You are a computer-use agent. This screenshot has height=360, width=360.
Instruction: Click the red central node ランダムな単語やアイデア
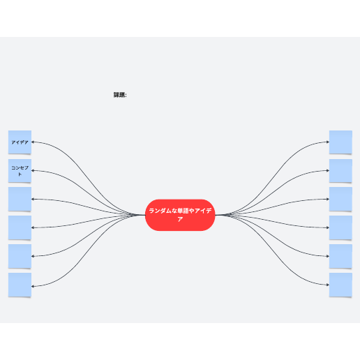(x=180, y=215)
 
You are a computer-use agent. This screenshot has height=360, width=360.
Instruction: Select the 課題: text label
(x=120, y=95)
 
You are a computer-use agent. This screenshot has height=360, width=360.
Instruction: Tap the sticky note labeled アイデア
(x=20, y=142)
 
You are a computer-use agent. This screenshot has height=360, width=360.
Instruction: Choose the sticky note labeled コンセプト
(x=20, y=171)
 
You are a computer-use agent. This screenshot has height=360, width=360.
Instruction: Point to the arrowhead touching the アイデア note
(x=33, y=142)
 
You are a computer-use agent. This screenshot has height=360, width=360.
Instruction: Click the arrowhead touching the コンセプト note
(x=33, y=170)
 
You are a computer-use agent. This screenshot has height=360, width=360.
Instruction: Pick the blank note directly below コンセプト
(x=20, y=199)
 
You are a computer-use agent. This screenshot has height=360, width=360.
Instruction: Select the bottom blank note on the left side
(x=20, y=285)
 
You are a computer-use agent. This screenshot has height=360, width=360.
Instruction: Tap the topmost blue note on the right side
(x=340, y=142)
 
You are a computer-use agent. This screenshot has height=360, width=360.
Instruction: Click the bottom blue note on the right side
(x=340, y=285)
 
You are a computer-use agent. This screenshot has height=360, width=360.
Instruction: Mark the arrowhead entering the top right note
(x=328, y=142)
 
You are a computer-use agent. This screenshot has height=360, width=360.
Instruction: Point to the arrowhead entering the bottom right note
(x=328, y=285)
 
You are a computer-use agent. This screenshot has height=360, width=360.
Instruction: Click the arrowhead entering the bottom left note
(x=33, y=286)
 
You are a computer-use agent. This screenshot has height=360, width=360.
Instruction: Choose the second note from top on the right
(x=340, y=171)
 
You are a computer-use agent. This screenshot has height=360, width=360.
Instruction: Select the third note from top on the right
(x=340, y=199)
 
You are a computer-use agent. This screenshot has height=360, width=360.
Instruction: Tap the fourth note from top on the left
(x=20, y=227)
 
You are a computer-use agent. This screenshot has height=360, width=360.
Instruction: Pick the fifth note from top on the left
(x=20, y=256)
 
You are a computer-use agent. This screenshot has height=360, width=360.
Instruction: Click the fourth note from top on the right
(x=340, y=227)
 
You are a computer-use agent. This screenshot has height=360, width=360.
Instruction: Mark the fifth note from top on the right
(x=340, y=256)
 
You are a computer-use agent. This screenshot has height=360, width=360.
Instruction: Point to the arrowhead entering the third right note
(x=328, y=199)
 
